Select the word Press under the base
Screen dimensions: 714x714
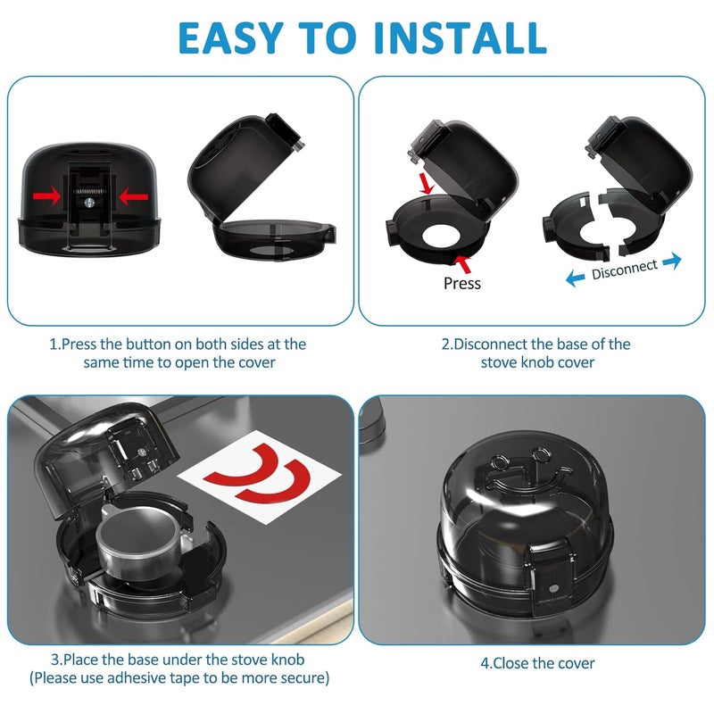(x=461, y=283)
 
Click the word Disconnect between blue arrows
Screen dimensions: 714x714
(x=624, y=269)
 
